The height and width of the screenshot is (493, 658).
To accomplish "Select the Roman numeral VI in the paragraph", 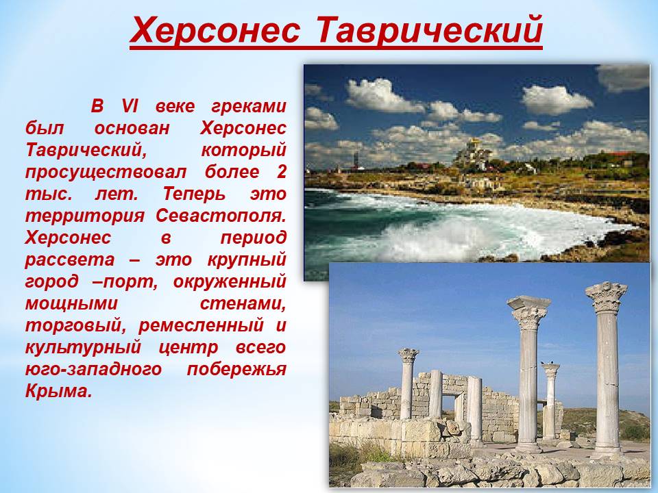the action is point(130,106).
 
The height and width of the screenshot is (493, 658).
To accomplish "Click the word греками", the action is point(248,107).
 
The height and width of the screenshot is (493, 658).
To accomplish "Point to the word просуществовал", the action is point(106,173).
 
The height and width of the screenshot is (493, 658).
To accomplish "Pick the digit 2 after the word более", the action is point(282,171).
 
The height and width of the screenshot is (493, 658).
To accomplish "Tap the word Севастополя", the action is point(221,216).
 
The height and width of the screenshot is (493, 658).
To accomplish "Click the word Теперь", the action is point(194,194).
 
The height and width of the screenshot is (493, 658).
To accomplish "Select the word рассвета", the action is point(70,260).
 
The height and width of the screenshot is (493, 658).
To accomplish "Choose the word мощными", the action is point(71,303).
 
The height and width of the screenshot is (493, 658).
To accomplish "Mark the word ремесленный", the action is point(201,325).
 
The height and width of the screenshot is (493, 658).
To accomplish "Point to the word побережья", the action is point(236,369).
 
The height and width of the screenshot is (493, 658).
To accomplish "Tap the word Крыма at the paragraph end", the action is point(58,391).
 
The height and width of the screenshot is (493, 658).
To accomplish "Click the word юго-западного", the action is point(93,369).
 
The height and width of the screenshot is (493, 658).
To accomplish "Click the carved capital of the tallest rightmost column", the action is point(606,296).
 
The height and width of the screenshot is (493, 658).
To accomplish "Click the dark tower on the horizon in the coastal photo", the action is point(356,160).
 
